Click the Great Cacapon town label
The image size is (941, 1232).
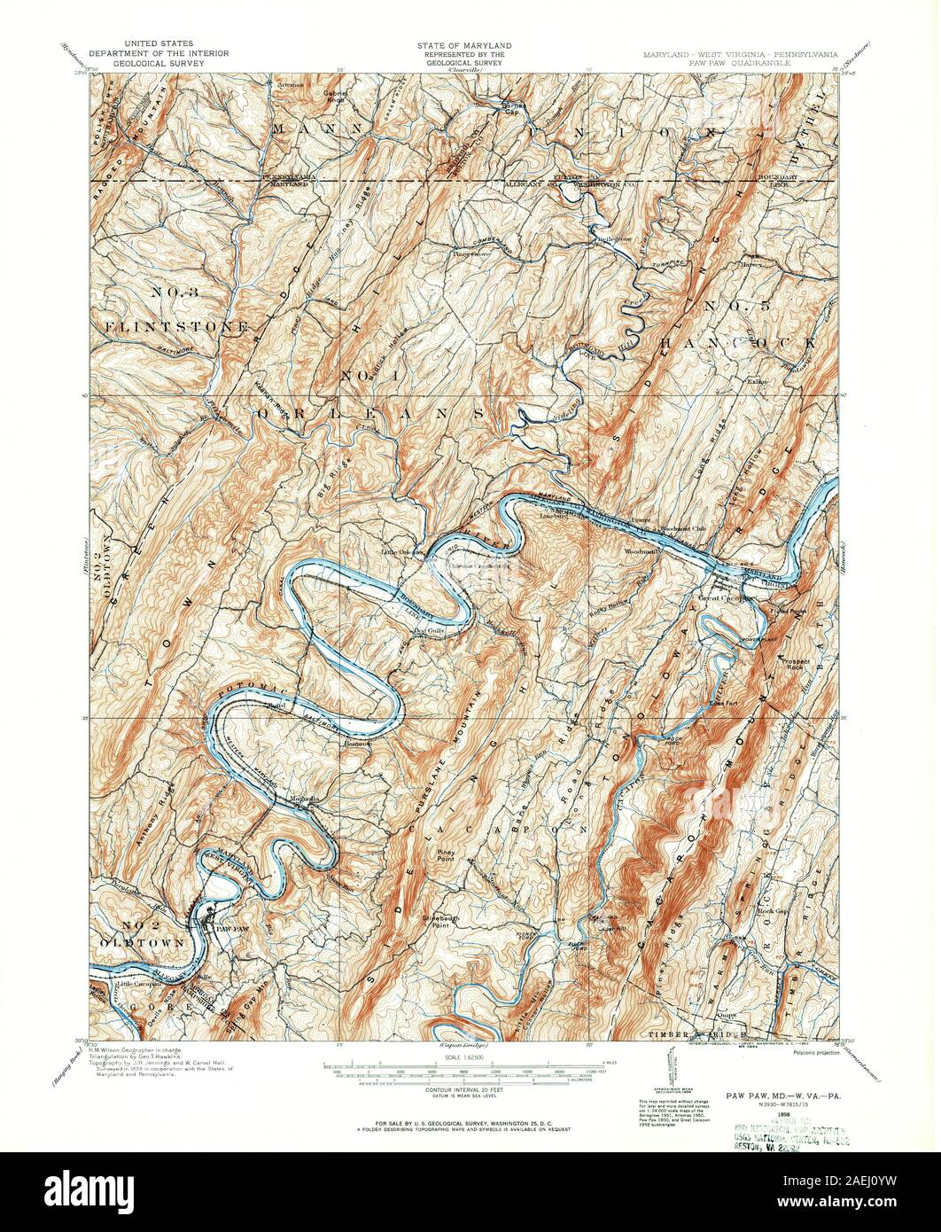coord(725,597)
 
